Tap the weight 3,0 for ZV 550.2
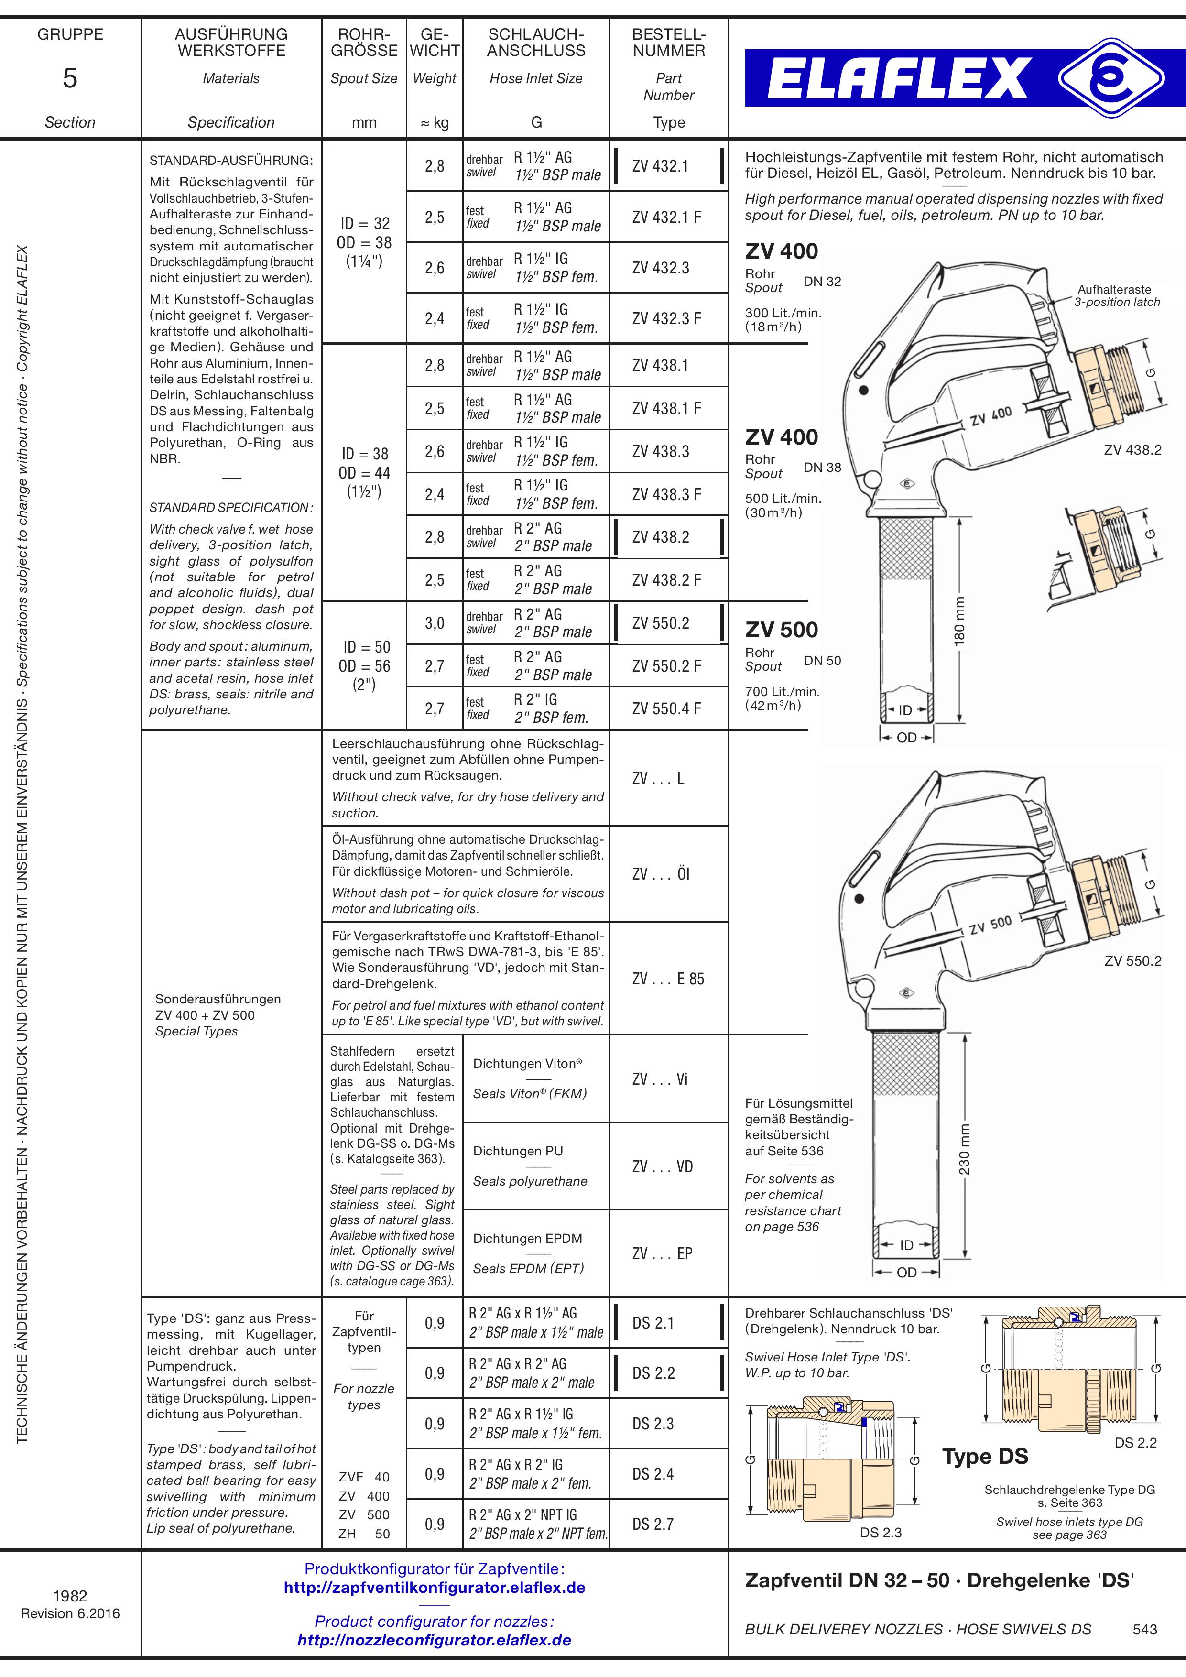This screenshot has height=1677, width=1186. click(x=435, y=623)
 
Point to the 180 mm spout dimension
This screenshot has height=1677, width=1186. click(x=959, y=620)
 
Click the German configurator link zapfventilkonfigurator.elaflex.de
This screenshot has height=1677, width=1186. click(x=435, y=1588)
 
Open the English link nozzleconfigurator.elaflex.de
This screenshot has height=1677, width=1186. click(x=435, y=1640)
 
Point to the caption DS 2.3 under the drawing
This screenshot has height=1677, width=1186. click(x=881, y=1532)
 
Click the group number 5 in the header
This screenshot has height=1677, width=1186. click(x=70, y=78)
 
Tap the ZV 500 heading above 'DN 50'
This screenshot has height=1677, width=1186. click(x=782, y=630)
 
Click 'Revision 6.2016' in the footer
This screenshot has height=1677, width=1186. click(x=70, y=1613)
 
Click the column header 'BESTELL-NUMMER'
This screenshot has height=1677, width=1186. click(x=669, y=43)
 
